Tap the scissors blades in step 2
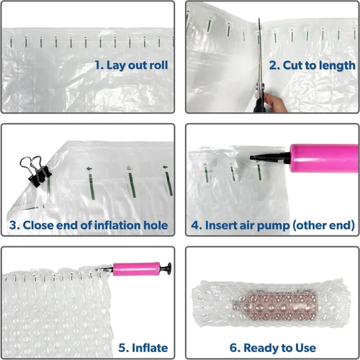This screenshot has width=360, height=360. pyautogui.click(x=260, y=52)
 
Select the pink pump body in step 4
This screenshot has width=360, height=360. pyautogui.click(x=324, y=158)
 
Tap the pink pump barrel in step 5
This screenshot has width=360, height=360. pyautogui.click(x=136, y=269)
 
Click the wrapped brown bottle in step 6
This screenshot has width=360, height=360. pyautogui.click(x=276, y=304)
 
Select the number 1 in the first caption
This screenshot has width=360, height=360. pyautogui.click(x=99, y=66)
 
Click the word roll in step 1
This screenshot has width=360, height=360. pyautogui.click(x=158, y=66)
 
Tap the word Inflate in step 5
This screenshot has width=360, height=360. pyautogui.click(x=150, y=348)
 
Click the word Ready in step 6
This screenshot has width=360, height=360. pyautogui.click(x=261, y=348)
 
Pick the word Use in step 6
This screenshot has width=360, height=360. pyautogui.click(x=305, y=348)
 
